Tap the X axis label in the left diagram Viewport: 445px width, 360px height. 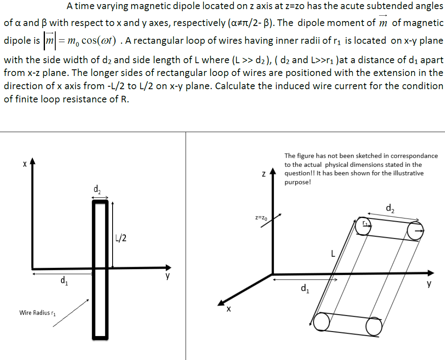pyautogui.click(x=25, y=164)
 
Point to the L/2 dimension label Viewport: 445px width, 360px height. pyautogui.click(x=121, y=238)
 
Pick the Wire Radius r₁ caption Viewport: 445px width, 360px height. pyautogui.click(x=37, y=313)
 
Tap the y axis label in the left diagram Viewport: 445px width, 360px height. pyautogui.click(x=167, y=277)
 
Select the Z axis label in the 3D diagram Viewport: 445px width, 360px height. pyautogui.click(x=263, y=175)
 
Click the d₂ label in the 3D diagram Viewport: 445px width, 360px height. pyautogui.click(x=389, y=208)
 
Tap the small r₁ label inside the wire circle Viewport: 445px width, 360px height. pyautogui.click(x=365, y=223)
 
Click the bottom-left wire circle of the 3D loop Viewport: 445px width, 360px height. pyautogui.click(x=321, y=322)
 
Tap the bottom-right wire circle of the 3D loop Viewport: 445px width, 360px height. pyautogui.click(x=374, y=327)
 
